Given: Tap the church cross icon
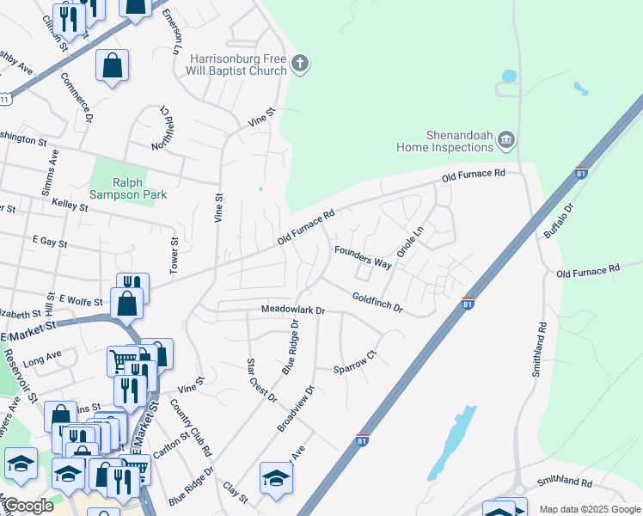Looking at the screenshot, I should pyautogui.click(x=301, y=63).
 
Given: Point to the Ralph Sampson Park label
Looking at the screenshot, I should pyautogui.click(x=139, y=187).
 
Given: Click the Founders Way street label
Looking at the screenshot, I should pyautogui.click(x=363, y=257).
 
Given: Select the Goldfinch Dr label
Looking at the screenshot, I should pyautogui.click(x=377, y=302).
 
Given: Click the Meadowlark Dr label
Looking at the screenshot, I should pyautogui.click(x=293, y=310).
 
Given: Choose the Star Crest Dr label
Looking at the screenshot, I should pyautogui.click(x=261, y=379).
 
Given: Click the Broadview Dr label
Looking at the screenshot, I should pyautogui.click(x=297, y=407).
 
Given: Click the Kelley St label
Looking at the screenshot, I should pyautogui.click(x=70, y=206).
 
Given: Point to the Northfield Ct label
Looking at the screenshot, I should pyautogui.click(x=163, y=128).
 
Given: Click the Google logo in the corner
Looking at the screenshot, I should pyautogui.click(x=28, y=506).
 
